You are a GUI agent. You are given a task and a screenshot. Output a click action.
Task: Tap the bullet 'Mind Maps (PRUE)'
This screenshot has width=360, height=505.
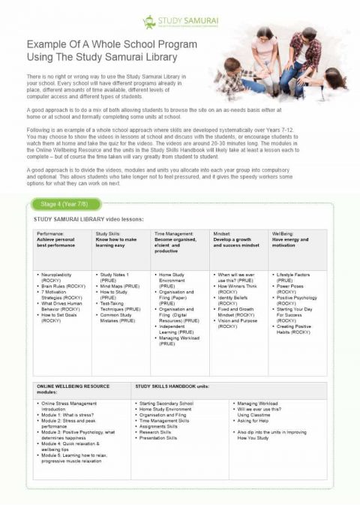(118, 286)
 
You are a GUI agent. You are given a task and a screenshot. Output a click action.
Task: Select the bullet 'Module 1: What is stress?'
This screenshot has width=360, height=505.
(71, 413)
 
